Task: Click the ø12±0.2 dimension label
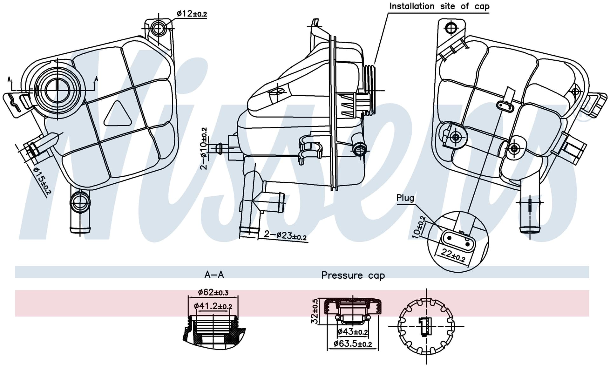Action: (x=192, y=14)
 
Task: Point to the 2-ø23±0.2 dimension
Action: (x=285, y=235)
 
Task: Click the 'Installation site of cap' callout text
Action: (x=439, y=6)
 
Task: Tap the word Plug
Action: (x=405, y=198)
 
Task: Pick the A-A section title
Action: (x=214, y=275)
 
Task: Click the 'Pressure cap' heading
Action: (x=353, y=275)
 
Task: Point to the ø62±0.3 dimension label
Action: (x=213, y=292)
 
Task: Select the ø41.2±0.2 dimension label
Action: (x=213, y=306)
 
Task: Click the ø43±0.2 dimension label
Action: (x=353, y=332)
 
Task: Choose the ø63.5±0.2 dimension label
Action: (x=353, y=343)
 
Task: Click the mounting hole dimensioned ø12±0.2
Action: (x=158, y=29)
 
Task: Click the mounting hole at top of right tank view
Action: (x=451, y=28)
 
